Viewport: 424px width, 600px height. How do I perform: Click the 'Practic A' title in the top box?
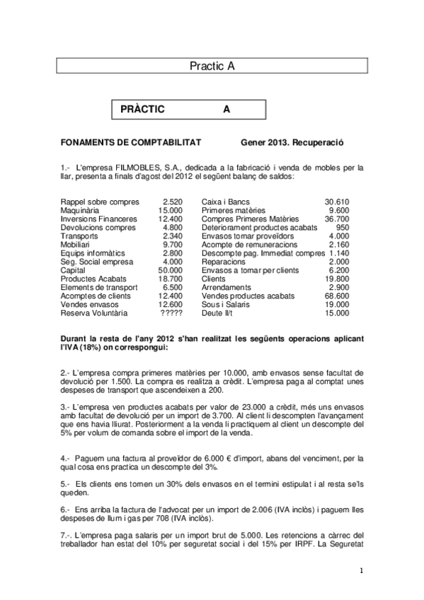tap(212, 66)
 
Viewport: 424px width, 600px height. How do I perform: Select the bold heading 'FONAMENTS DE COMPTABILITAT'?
tap(131, 142)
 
